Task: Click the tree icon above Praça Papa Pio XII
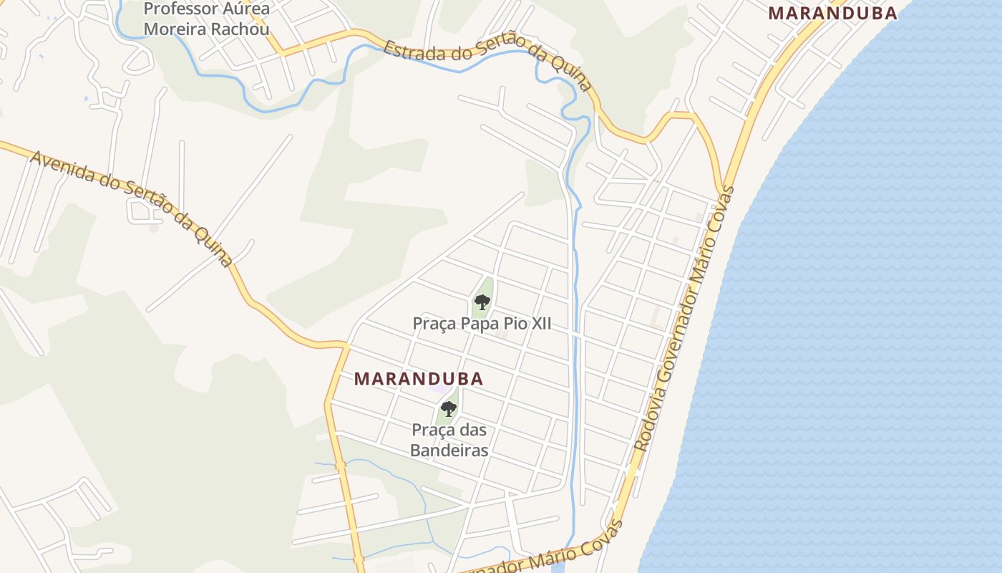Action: coord(482,302)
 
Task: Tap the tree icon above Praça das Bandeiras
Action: coord(449,409)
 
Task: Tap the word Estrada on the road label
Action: coord(408,52)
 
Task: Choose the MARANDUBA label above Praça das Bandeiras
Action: coord(419,379)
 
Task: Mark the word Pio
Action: coord(512,324)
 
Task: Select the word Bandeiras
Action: coord(449,451)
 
